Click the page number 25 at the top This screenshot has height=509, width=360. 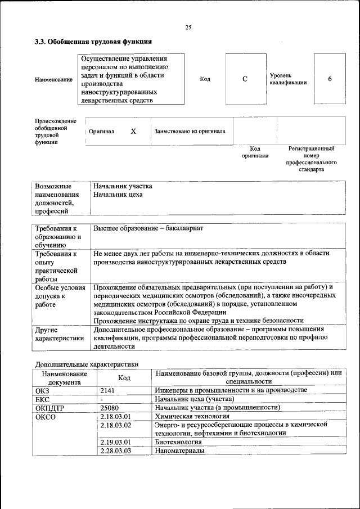coord(188,28)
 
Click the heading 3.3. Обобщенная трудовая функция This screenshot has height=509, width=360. coord(93,42)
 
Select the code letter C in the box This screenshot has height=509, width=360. coord(245,79)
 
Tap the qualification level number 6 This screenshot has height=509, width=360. coord(330,79)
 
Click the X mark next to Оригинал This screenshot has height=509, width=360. coord(133,131)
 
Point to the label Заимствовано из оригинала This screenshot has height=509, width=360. coord(190,131)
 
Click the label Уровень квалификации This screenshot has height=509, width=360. coord(288,79)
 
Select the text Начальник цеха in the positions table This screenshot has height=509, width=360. coord(118,195)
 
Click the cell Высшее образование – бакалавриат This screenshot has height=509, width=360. coord(148,229)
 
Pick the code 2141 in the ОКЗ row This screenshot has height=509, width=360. coord(107,390)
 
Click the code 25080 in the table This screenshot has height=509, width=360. coord(109,407)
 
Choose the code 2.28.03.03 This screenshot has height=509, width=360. coord(115,451)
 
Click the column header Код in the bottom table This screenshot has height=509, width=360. coord(124,378)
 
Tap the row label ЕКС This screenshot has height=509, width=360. coord(43,399)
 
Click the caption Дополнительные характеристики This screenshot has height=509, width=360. coord(87,364)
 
